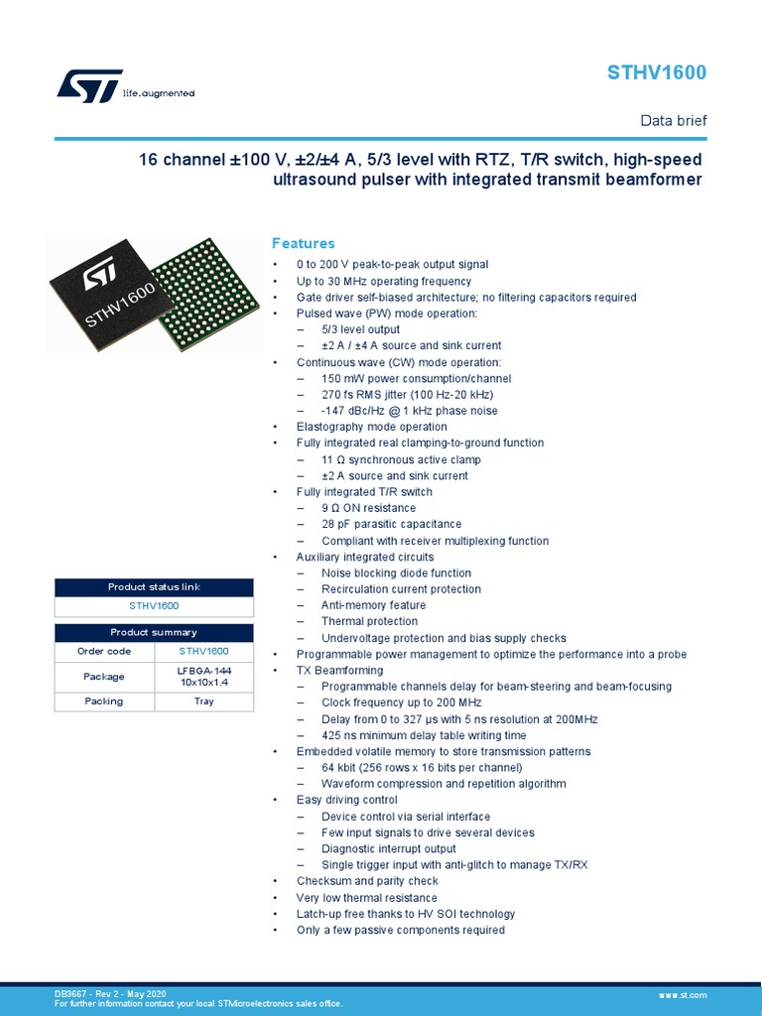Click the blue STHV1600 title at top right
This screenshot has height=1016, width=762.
coord(657,74)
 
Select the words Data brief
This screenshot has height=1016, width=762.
coord(674,121)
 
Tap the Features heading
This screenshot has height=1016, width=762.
coord(304,243)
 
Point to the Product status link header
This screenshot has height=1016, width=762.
coord(154,587)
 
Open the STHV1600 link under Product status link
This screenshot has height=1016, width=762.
coord(154,604)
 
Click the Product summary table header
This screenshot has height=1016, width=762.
coord(154,632)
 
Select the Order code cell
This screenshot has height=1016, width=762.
coord(104,651)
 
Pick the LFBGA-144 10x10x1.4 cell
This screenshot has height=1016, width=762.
coord(203,677)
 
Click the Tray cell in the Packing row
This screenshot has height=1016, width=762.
coord(203,701)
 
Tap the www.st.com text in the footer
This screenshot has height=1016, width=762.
coord(682,994)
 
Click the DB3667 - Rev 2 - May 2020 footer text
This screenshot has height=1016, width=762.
coord(110,993)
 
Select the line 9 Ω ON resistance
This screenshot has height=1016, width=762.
coord(368,508)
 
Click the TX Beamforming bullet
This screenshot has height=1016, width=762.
coord(339,670)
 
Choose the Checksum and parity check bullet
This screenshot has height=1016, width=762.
coord(367,881)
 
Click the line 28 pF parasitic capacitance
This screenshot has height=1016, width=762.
coord(391,524)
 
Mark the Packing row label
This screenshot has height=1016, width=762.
coord(104,701)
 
